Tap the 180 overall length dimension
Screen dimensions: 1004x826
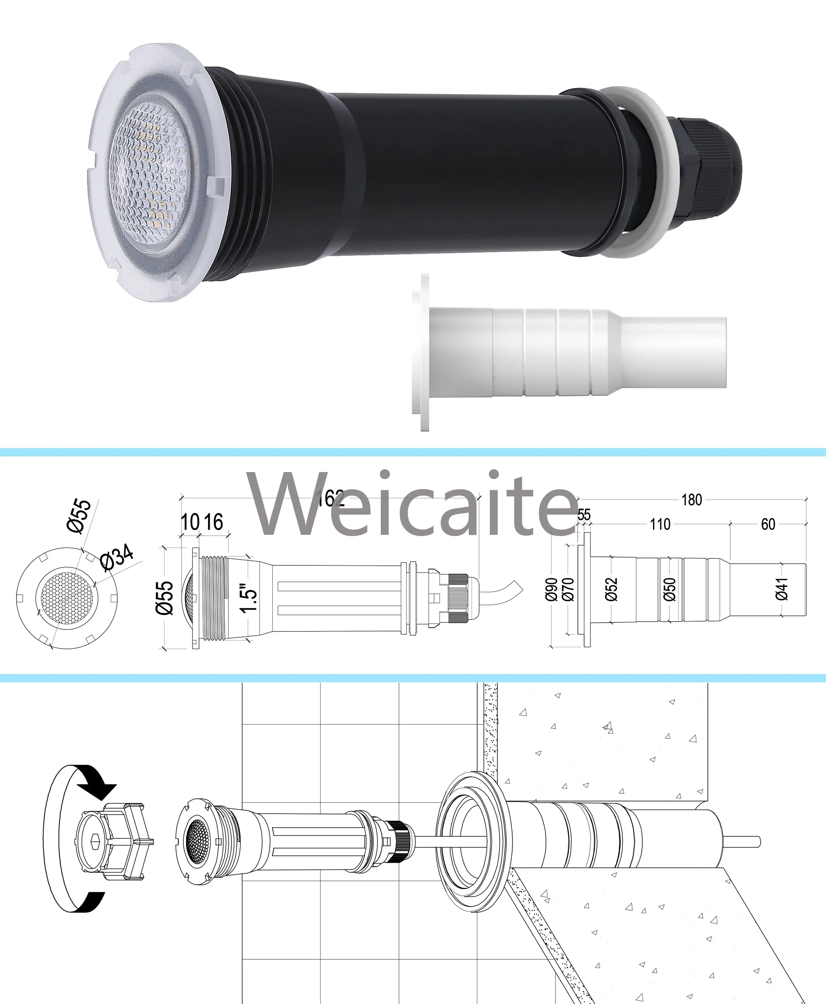[x=691, y=500]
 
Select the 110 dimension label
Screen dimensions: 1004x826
[x=660, y=525]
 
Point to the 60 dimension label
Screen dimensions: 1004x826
[x=768, y=525]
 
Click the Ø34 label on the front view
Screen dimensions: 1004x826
[x=116, y=558]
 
